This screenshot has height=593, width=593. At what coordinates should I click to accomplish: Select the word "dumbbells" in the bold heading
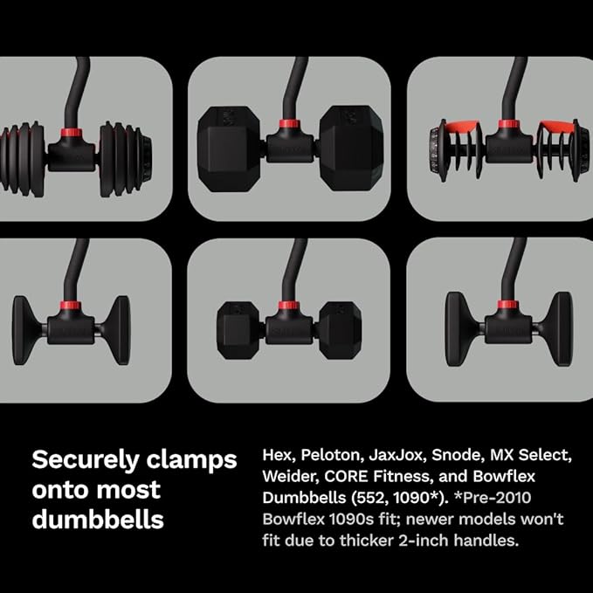(98, 520)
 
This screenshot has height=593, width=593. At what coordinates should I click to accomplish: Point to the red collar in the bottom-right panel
(507, 306)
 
